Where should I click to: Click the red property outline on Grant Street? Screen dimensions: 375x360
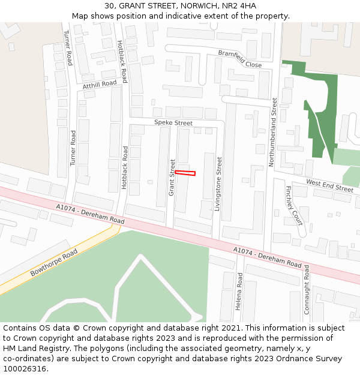(x=185, y=173)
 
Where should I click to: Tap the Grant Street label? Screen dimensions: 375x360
(x=172, y=177)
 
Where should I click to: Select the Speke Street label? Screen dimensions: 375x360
(x=173, y=122)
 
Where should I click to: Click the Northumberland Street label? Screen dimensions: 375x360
(x=275, y=132)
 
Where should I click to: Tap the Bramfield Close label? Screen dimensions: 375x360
(x=240, y=59)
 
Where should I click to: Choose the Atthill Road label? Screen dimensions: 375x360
(x=100, y=85)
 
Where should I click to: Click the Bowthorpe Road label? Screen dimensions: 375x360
(x=54, y=263)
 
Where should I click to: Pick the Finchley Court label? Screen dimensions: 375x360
(x=293, y=205)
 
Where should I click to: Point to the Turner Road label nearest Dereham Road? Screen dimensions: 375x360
(x=73, y=148)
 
